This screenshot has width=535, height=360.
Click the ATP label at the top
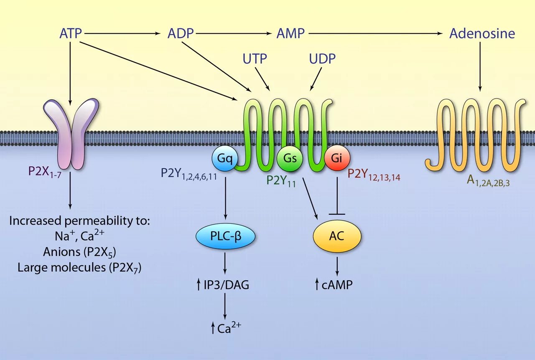pos(70,33)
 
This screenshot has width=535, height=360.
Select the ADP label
pos(181,33)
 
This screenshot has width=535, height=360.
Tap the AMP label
pos(290,33)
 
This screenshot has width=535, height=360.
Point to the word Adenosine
pos(482,33)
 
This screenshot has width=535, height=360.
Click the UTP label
pos(255,59)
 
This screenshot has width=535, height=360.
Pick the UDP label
pos(322,59)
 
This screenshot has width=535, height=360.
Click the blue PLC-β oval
pos(225,237)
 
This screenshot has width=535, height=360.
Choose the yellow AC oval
pos(337,236)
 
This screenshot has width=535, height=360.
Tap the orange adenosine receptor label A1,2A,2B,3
pos(488,181)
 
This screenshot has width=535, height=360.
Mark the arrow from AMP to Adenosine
pos(376,33)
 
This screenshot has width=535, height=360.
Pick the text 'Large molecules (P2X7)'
pos(79,268)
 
